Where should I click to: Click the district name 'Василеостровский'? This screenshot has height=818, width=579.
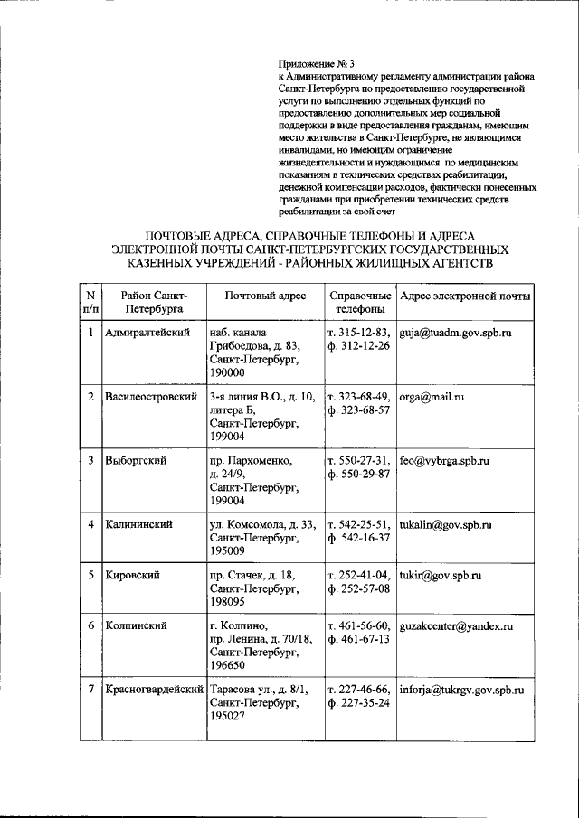151,397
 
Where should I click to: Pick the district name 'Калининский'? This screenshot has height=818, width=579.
138,524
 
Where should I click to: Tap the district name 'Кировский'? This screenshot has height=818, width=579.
132,575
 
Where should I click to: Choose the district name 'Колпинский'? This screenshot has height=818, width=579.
137,625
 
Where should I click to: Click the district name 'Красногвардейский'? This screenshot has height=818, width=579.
154,690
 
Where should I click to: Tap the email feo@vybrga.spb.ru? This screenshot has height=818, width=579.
444,460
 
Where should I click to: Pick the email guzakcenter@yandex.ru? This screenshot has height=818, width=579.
456,625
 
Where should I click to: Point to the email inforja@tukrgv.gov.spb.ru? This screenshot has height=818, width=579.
461,690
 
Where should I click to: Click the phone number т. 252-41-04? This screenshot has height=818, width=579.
359,575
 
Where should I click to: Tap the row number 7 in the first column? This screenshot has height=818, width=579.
90,690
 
